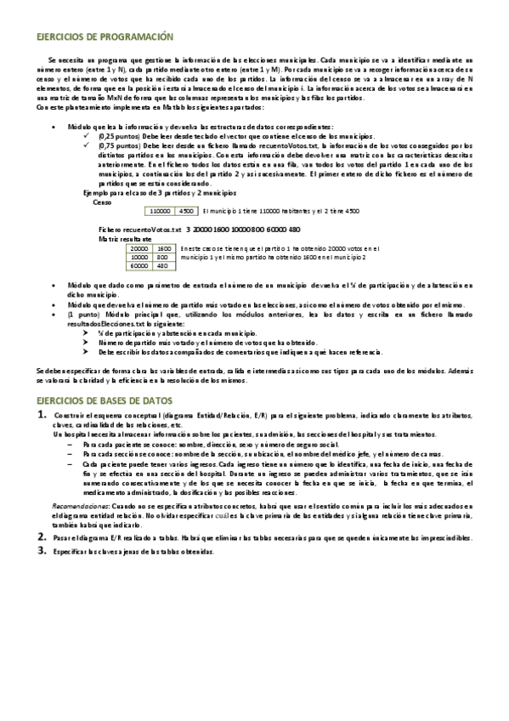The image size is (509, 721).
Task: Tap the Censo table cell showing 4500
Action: coord(187,210)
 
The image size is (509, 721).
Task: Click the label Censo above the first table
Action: coord(102,201)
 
